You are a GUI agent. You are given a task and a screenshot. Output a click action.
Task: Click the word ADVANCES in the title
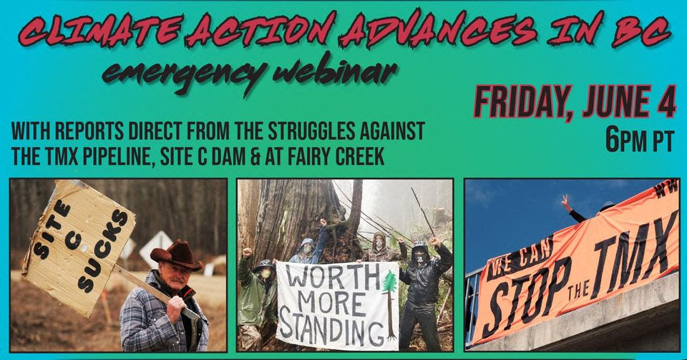pyautogui.click(x=439, y=31)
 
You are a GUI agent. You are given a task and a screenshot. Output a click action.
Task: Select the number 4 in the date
pyautogui.click(x=666, y=102)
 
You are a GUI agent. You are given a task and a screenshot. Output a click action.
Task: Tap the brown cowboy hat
pyautogui.click(x=176, y=255)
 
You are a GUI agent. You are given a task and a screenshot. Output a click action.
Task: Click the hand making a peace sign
pyautogui.click(x=565, y=203)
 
